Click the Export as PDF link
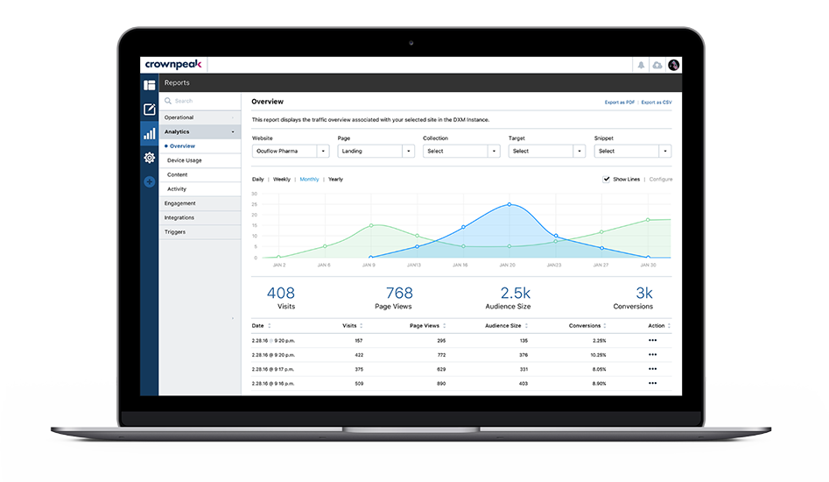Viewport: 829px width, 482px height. (x=619, y=103)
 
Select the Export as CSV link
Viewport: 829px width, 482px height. (x=657, y=103)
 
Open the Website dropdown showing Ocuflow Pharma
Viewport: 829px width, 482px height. (x=290, y=151)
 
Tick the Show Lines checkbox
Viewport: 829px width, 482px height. (x=607, y=179)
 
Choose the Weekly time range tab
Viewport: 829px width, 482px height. (x=282, y=179)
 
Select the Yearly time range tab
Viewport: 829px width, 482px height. (x=335, y=179)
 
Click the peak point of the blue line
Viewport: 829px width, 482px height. (x=509, y=204)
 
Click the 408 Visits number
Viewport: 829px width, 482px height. (x=281, y=293)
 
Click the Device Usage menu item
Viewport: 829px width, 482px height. (x=185, y=160)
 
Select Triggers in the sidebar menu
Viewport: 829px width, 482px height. (x=175, y=232)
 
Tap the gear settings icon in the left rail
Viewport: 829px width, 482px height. (x=150, y=158)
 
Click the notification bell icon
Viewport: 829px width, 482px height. (x=641, y=65)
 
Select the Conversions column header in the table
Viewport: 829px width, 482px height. (x=585, y=326)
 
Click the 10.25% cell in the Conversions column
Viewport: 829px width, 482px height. (x=598, y=355)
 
